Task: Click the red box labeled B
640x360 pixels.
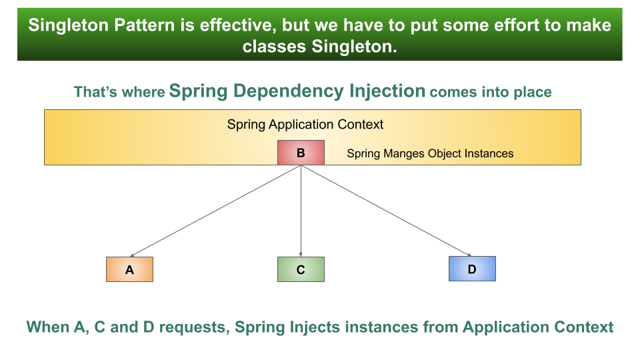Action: point(301,153)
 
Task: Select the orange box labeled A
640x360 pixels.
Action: point(129,269)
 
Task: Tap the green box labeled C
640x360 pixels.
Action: point(301,269)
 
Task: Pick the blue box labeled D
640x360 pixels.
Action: point(472,269)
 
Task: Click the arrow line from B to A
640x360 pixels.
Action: point(215,211)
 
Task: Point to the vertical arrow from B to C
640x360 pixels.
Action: point(301,211)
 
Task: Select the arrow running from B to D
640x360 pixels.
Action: point(387,211)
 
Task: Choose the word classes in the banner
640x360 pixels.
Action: point(272,47)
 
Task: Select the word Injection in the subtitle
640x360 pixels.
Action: point(385,91)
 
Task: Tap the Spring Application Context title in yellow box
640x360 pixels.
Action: point(305,124)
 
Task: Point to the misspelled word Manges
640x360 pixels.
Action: point(401,153)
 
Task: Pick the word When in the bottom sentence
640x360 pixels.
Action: point(47,327)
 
